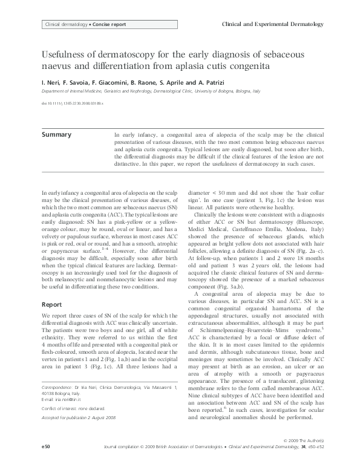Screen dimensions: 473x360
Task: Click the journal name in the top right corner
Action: [x=272, y=24]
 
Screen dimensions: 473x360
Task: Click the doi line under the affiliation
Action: [x=72, y=103]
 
